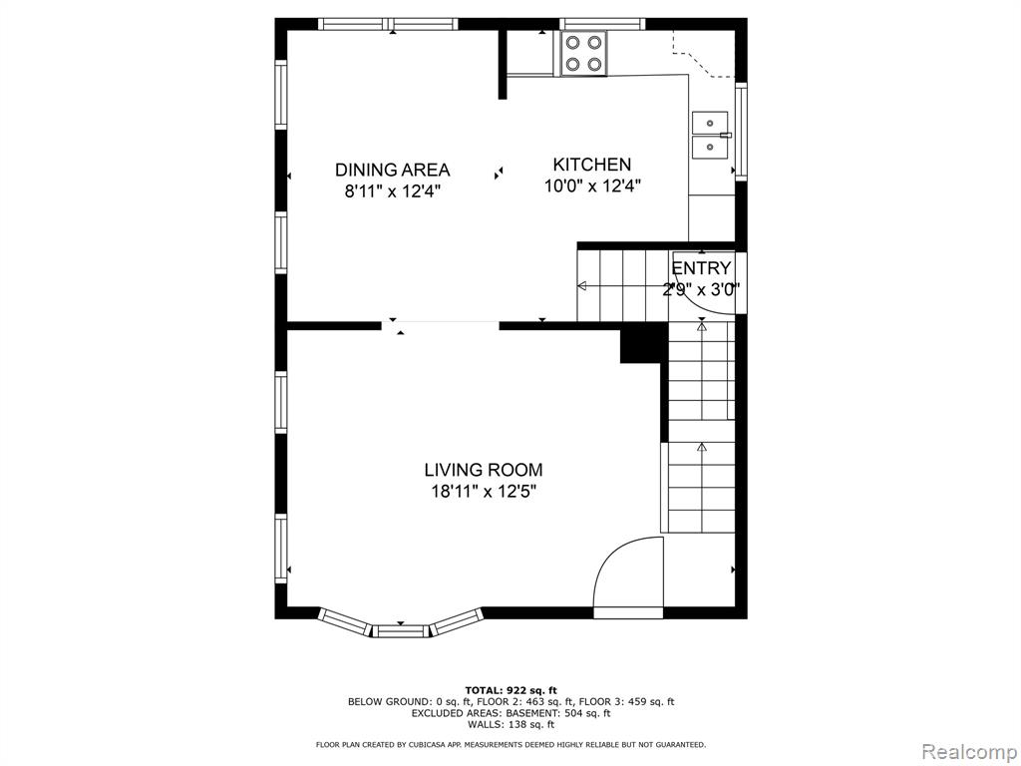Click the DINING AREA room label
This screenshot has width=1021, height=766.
[392, 170]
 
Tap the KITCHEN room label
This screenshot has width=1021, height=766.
[592, 165]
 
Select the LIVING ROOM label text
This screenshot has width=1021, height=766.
[484, 470]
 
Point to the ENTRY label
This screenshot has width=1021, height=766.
[701, 267]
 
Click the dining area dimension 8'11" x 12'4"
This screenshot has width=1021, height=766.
[393, 191]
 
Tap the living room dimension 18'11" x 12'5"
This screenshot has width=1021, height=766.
[484, 491]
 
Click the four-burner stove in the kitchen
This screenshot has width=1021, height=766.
[582, 54]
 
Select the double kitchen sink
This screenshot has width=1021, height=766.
[710, 135]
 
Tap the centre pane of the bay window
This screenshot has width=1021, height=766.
[401, 630]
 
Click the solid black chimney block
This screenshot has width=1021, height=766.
[644, 344]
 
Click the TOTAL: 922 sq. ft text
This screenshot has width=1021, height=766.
[511, 690]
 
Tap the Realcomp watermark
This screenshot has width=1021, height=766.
[967, 751]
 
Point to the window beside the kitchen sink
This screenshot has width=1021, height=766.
[741, 131]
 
